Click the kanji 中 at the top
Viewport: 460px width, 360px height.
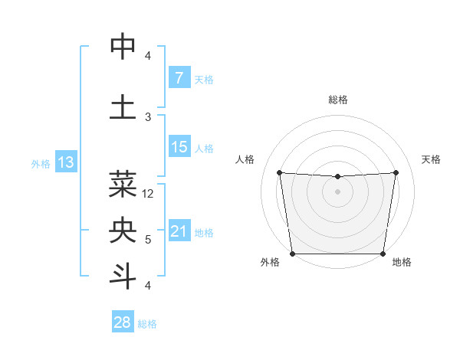(x=123, y=47)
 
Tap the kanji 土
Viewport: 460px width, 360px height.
(x=123, y=106)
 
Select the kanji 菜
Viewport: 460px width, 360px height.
(x=123, y=184)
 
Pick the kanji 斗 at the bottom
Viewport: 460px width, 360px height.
(x=123, y=276)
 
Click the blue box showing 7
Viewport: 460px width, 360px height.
(x=179, y=77)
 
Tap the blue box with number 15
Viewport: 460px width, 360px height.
(x=179, y=147)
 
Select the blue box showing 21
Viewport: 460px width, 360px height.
(x=179, y=231)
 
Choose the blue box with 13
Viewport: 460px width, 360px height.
(x=65, y=162)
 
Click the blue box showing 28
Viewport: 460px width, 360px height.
(x=123, y=322)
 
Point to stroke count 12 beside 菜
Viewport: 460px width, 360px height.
(x=149, y=194)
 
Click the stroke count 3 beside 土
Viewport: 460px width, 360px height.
(x=148, y=116)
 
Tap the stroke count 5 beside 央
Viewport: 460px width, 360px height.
(x=148, y=240)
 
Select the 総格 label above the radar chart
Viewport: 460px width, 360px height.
(x=338, y=100)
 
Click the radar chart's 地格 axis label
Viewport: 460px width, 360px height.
(x=402, y=262)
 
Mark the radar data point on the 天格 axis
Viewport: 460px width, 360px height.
(x=396, y=172)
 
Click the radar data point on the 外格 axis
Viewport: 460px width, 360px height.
(x=292, y=254)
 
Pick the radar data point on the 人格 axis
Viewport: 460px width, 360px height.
(x=279, y=172)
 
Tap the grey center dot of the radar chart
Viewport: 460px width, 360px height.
(x=338, y=191)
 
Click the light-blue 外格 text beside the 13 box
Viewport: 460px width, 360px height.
(x=41, y=163)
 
